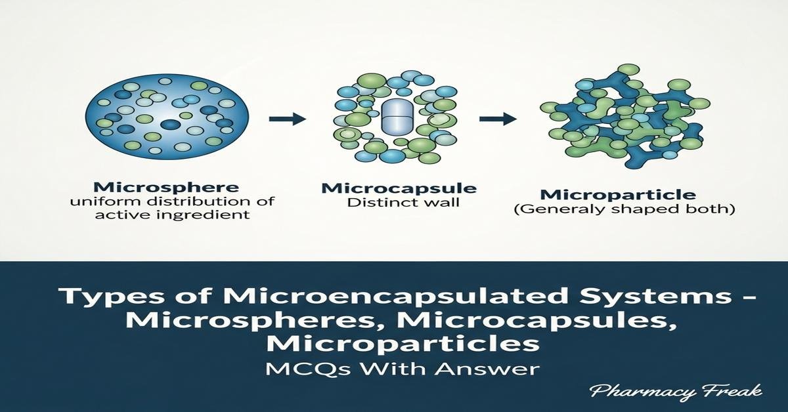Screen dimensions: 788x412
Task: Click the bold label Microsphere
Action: point(166,187)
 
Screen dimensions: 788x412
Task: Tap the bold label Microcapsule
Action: point(399,188)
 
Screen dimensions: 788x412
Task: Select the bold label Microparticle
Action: point(618,195)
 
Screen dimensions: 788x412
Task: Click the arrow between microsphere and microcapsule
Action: point(288,119)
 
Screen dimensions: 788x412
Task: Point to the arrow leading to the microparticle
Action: point(498,119)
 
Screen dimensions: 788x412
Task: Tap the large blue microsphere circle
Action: point(167,116)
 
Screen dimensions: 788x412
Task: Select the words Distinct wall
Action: point(403,203)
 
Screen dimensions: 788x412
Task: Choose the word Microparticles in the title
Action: point(403,344)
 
